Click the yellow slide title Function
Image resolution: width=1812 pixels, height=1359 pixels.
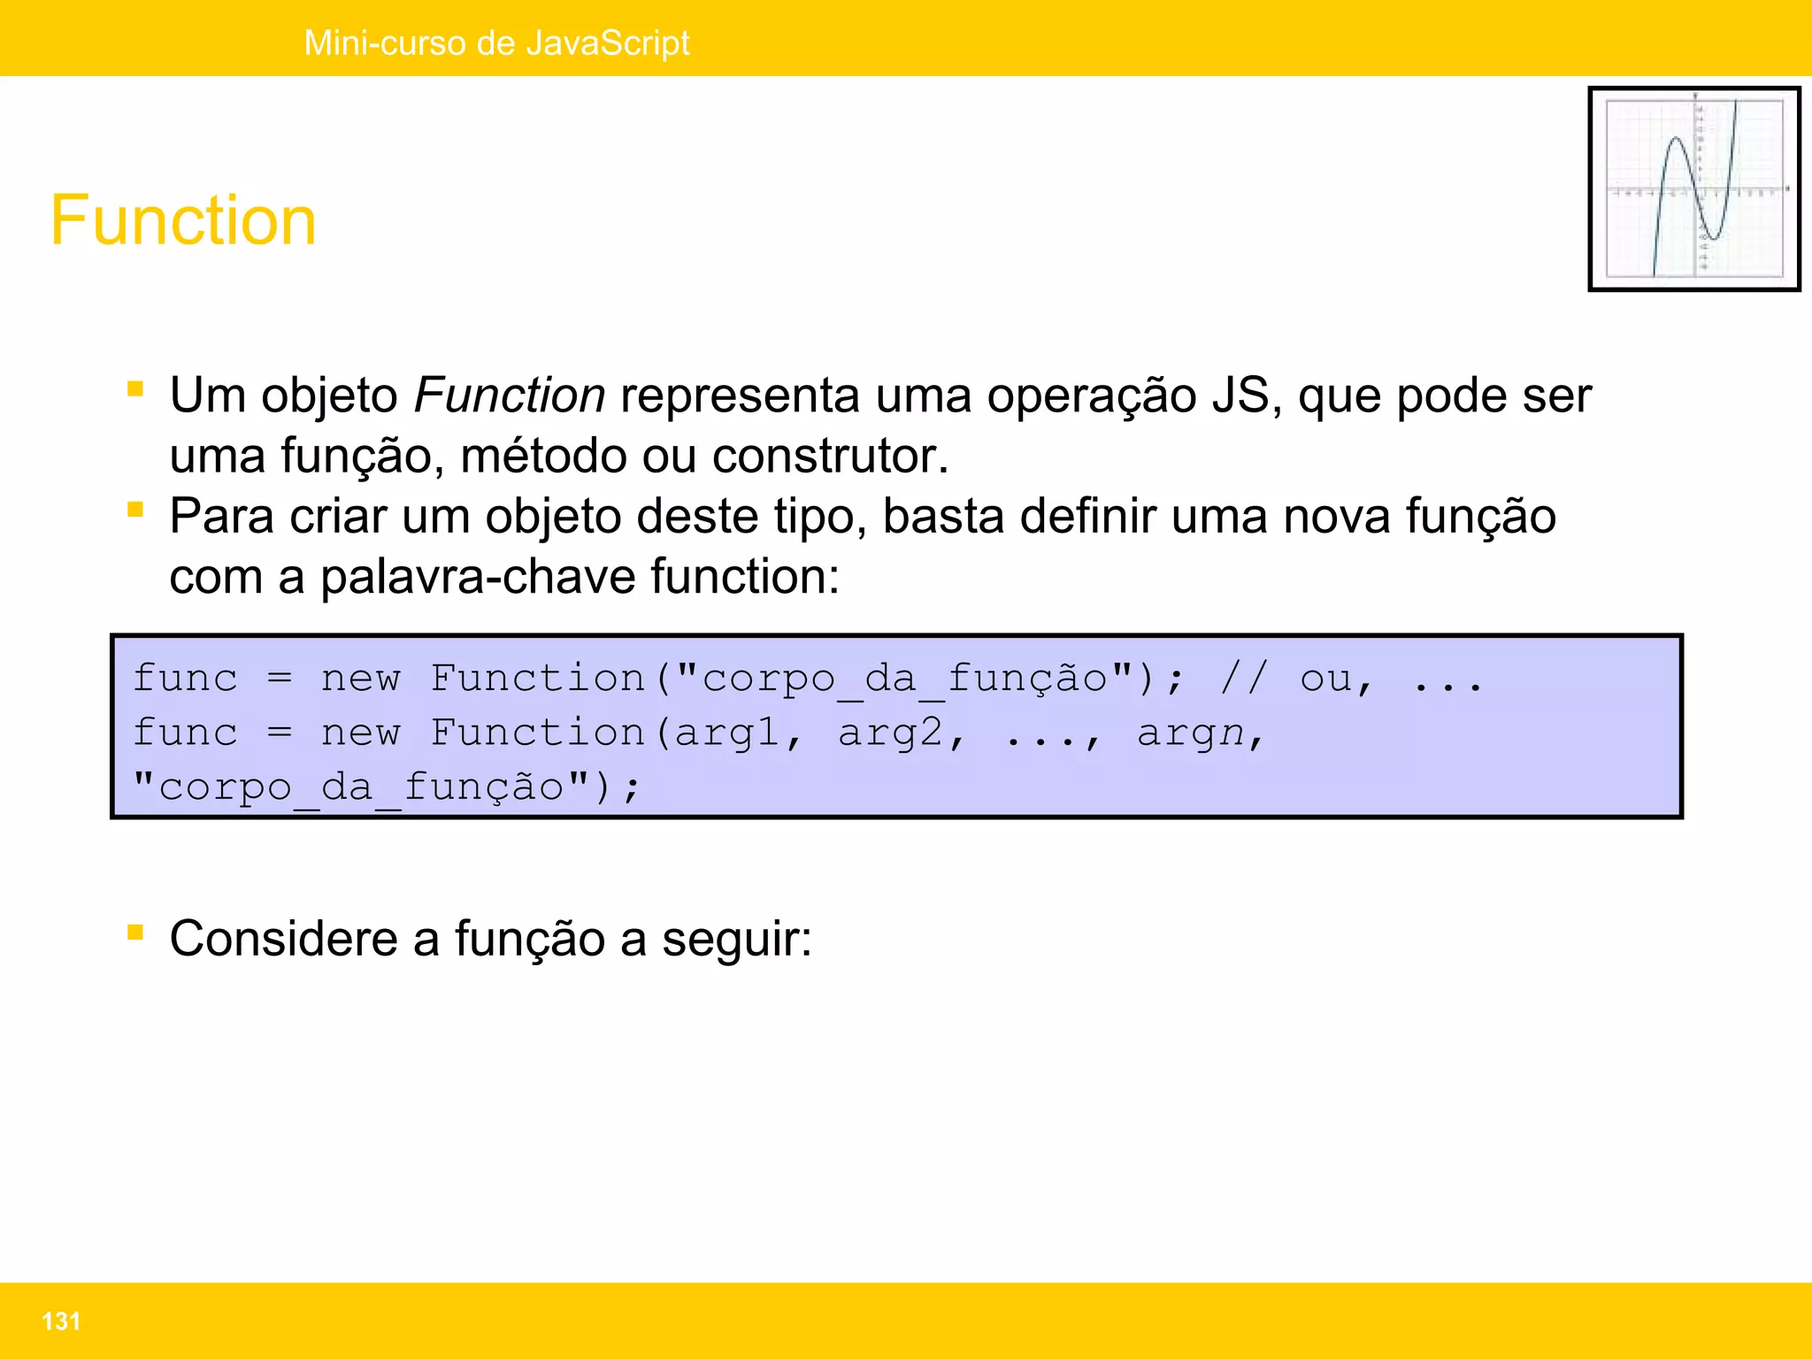pyautogui.click(x=183, y=220)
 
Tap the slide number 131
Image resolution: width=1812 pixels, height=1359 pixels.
pyautogui.click(x=61, y=1321)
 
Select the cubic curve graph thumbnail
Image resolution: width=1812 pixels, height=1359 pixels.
pyautogui.click(x=1693, y=188)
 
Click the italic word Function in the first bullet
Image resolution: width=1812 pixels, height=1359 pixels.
pyautogui.click(x=510, y=395)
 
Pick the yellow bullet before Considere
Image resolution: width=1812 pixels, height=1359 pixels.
pyautogui.click(x=135, y=932)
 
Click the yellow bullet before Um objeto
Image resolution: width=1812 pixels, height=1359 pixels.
pyautogui.click(x=135, y=388)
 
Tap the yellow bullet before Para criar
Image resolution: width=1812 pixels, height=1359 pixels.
pyautogui.click(x=135, y=510)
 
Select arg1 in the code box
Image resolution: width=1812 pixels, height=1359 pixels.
pyautogui.click(x=728, y=733)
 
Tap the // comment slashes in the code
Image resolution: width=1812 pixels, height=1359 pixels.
pyautogui.click(x=1245, y=679)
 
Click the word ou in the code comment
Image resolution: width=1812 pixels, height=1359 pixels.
pyautogui.click(x=1325, y=679)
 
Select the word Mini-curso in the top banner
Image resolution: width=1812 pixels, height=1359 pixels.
pyautogui.click(x=385, y=42)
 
